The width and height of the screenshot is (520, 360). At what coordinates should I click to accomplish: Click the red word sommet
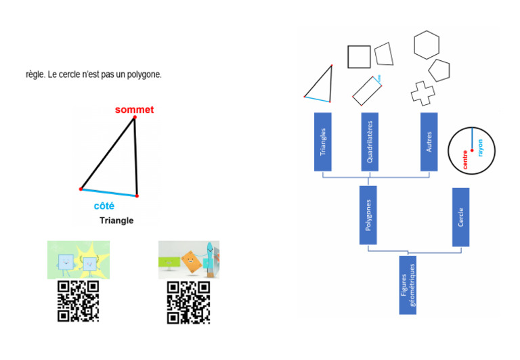(134, 110)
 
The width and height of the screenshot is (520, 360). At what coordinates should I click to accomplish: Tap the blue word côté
(104, 205)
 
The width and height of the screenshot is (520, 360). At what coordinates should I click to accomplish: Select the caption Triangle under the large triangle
(116, 221)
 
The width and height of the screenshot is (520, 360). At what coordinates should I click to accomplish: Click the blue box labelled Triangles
(322, 141)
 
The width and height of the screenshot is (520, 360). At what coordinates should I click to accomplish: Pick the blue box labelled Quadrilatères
(370, 141)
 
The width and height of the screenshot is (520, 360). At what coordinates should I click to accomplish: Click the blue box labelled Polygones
(368, 215)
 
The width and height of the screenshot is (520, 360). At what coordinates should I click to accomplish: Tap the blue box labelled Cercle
(460, 217)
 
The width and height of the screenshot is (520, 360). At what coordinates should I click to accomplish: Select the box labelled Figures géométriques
(408, 285)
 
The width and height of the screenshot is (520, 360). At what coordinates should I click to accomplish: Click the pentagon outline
(439, 70)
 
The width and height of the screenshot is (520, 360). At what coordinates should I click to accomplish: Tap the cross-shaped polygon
(423, 93)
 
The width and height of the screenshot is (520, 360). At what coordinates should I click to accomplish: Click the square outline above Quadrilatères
(359, 56)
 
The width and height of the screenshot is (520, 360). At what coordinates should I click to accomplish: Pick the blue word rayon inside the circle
(480, 149)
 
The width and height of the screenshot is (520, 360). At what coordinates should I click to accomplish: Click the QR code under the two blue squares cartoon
(79, 301)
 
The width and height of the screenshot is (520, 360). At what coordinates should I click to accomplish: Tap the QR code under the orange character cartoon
(188, 301)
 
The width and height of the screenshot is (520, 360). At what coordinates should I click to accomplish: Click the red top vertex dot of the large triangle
(135, 118)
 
